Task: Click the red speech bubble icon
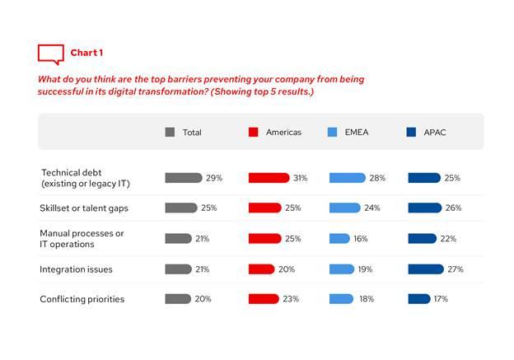[50, 54]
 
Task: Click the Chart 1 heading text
[86, 53]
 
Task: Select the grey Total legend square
[170, 132]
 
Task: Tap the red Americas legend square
[254, 132]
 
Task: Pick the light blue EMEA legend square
[333, 132]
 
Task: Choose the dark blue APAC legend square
[412, 132]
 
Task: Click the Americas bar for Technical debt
[269, 178]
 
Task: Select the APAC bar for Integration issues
[426, 269]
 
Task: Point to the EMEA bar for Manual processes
[339, 239]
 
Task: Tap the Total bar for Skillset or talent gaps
[181, 208]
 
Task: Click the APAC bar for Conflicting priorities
[418, 299]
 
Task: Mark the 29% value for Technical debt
[214, 178]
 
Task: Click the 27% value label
[456, 269]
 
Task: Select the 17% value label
[441, 299]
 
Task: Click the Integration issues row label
[77, 269]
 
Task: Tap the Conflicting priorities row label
[82, 299]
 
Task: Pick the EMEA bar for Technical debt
[347, 178]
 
